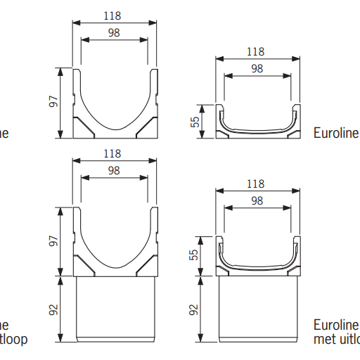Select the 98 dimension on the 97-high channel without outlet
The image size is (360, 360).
(x=112, y=32)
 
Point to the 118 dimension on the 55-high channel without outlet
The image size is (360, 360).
(x=256, y=51)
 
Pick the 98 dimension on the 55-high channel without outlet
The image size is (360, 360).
(x=256, y=68)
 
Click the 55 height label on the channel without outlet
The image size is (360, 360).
(x=193, y=122)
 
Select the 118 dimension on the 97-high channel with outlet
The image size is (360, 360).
(x=112, y=153)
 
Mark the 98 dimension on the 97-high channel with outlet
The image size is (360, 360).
(x=112, y=171)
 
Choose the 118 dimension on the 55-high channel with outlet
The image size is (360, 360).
(x=256, y=184)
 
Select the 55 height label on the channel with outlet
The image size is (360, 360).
(x=193, y=254)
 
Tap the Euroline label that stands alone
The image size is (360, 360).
(x=335, y=132)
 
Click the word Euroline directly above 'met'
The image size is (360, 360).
(x=335, y=326)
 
